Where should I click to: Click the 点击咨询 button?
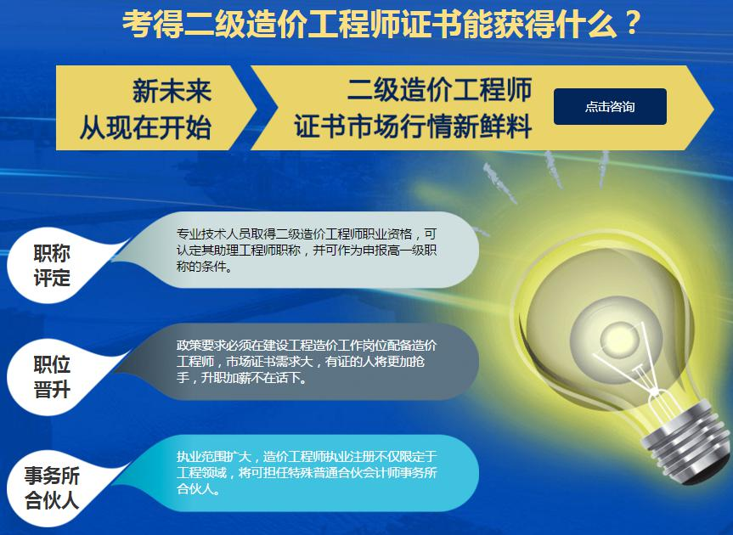point(610,106)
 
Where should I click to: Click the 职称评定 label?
point(52,266)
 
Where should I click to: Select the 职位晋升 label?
point(52,376)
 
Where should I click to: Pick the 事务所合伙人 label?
point(52,488)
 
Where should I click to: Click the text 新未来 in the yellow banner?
point(172,91)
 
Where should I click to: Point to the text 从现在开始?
point(145,127)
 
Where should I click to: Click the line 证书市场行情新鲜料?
point(413,126)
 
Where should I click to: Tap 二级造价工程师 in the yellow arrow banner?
point(439,89)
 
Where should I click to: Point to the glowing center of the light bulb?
point(616,335)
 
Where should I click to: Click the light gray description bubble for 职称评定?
point(299,250)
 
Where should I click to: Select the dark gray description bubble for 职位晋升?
point(299,362)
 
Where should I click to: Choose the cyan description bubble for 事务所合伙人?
point(299,473)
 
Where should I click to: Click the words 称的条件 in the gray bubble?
point(201,267)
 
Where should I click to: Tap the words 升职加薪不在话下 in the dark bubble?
point(254,378)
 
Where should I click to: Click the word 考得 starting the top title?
point(152,24)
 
